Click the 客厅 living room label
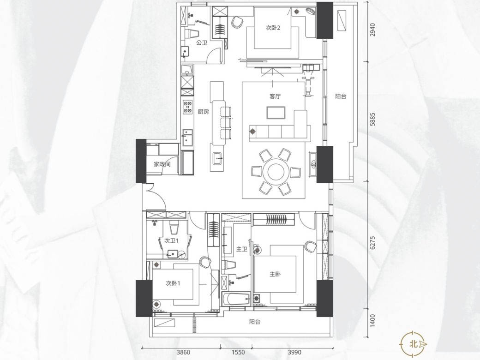(x=275, y=96)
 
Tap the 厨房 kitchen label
(x=203, y=112)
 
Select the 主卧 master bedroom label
(x=275, y=274)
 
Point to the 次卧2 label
(x=273, y=28)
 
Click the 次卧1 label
(x=173, y=283)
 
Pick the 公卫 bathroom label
(x=202, y=43)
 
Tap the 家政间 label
(x=162, y=164)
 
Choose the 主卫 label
(x=242, y=249)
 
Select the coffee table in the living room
(x=276, y=112)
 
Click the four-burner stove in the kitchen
(x=188, y=107)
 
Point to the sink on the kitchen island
(x=218, y=158)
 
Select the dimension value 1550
(x=238, y=352)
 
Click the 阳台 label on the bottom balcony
(x=255, y=322)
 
